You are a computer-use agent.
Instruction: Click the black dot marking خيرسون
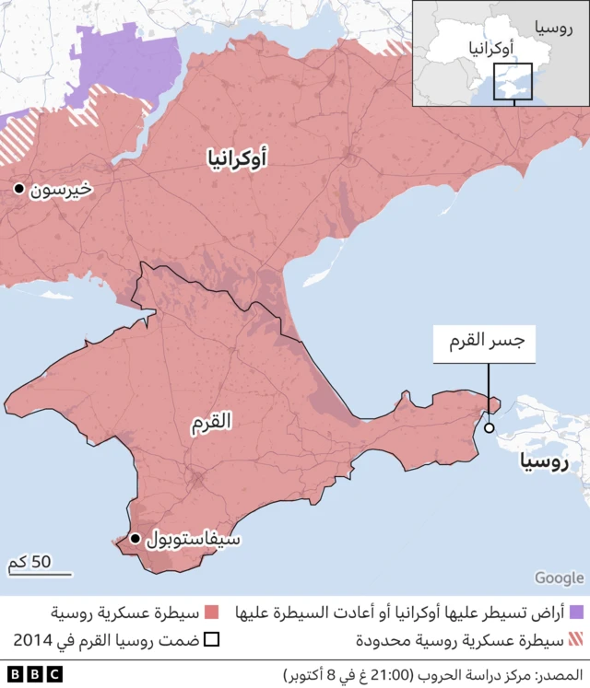pyautogui.click(x=18, y=189)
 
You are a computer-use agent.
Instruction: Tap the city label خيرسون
pyautogui.click(x=61, y=190)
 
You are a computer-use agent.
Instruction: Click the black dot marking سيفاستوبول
pyautogui.click(x=136, y=539)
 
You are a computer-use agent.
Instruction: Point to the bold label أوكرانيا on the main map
pyautogui.click(x=238, y=160)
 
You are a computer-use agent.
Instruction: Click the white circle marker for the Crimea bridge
pyautogui.click(x=489, y=427)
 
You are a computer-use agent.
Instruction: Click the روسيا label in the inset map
pyautogui.click(x=549, y=28)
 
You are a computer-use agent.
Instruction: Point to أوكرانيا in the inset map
pyautogui.click(x=491, y=47)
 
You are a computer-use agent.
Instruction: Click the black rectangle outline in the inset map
pyautogui.click(x=513, y=81)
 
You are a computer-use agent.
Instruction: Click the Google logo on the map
pyautogui.click(x=559, y=577)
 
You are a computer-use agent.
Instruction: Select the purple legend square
pyautogui.click(x=577, y=612)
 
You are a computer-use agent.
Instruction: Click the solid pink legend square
pyautogui.click(x=211, y=612)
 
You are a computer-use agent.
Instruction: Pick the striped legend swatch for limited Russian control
pyautogui.click(x=577, y=640)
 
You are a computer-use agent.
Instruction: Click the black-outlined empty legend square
pyautogui.click(x=211, y=640)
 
